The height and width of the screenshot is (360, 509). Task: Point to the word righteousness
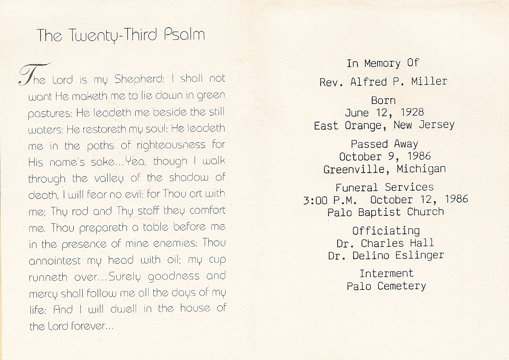point(171,145)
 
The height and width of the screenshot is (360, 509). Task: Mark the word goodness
point(174,277)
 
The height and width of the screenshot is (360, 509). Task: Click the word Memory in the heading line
point(382,63)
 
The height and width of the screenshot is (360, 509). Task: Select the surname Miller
point(429,82)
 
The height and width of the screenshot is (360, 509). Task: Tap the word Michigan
point(421,169)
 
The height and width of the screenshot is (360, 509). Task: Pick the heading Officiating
point(386,231)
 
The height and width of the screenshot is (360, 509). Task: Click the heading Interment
point(387,274)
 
